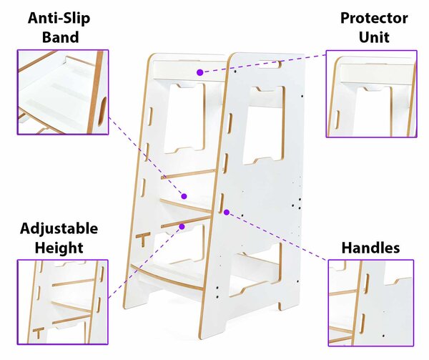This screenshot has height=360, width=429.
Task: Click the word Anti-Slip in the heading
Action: point(59,19)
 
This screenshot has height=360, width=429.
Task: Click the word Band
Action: point(61,37)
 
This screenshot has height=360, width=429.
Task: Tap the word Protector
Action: point(374,19)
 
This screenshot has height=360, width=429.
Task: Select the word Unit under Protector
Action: point(374,37)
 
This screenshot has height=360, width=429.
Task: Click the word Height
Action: point(59,248)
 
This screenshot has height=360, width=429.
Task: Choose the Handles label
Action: point(370,248)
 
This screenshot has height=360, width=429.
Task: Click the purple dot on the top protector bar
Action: point(200,72)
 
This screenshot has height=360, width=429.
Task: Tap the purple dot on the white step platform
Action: point(184,196)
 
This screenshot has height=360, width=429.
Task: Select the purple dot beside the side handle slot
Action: point(227,212)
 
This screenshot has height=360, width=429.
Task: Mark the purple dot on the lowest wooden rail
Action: point(182,227)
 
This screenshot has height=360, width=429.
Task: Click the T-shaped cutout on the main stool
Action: point(143,239)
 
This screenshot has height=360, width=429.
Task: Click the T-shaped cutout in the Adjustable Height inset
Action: point(39,332)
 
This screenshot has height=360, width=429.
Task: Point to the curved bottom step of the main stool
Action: point(167,275)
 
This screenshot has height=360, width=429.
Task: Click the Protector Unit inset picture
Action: point(372,94)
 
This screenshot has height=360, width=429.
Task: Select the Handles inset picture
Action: point(371,303)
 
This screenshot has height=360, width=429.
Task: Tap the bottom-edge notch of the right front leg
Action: point(280,306)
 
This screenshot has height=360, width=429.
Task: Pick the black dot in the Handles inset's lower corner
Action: point(383,336)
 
